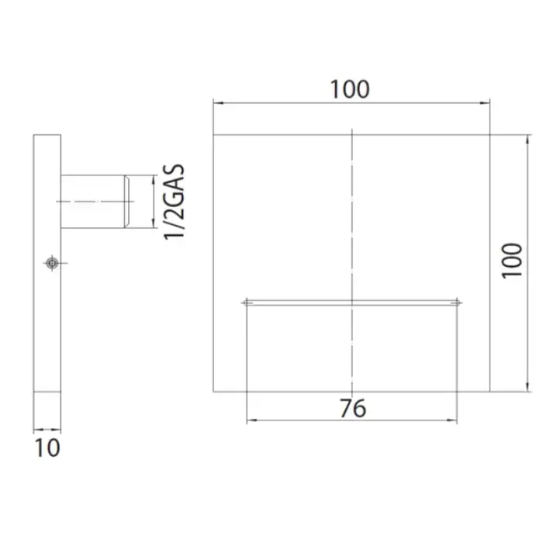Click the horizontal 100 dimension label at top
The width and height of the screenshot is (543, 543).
click(x=350, y=89)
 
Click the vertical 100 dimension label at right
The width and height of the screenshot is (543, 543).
click(x=512, y=261)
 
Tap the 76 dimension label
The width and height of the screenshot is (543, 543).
click(x=352, y=408)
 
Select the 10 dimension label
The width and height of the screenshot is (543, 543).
click(x=47, y=448)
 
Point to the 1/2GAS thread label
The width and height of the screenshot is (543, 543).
click(x=174, y=202)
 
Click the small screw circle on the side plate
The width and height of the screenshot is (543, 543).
click(x=52, y=263)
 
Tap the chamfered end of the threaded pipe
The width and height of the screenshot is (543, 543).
click(x=127, y=202)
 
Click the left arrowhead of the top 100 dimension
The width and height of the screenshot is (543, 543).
click(x=218, y=103)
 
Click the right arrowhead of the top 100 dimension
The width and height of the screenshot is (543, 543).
click(x=485, y=103)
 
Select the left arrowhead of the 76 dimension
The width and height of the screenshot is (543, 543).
click(x=251, y=420)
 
